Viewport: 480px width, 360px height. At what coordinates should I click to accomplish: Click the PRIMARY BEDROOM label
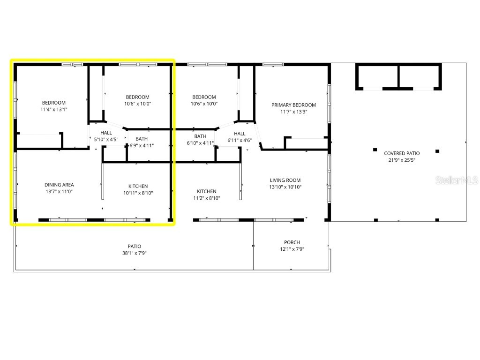[293, 105]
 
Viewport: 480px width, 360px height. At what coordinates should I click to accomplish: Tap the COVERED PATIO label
[402, 153]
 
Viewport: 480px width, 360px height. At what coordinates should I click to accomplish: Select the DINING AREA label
[59, 185]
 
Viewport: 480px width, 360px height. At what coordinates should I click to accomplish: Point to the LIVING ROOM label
[285, 180]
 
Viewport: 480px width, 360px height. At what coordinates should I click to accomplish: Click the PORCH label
[292, 242]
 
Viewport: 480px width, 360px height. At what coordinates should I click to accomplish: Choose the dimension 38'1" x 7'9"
[135, 253]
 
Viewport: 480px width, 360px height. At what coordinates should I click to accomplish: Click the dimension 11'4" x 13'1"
[54, 110]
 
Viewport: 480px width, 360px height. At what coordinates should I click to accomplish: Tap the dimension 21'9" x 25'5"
[402, 160]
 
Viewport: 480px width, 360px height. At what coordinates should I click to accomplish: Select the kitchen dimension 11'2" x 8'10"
[207, 198]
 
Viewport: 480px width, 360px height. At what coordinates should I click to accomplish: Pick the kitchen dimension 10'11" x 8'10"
[138, 193]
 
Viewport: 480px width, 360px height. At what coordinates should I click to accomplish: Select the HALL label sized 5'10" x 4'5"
[106, 133]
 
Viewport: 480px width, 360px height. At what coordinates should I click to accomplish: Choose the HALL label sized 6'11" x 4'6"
[240, 134]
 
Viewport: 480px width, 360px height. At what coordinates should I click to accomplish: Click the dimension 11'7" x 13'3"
[293, 112]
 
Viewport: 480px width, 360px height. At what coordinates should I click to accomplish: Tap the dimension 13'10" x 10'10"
[285, 187]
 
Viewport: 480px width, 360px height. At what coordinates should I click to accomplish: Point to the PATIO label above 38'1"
[135, 246]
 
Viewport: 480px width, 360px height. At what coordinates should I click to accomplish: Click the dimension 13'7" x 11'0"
[59, 192]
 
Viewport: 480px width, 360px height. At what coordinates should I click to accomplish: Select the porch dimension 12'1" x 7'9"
[292, 249]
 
